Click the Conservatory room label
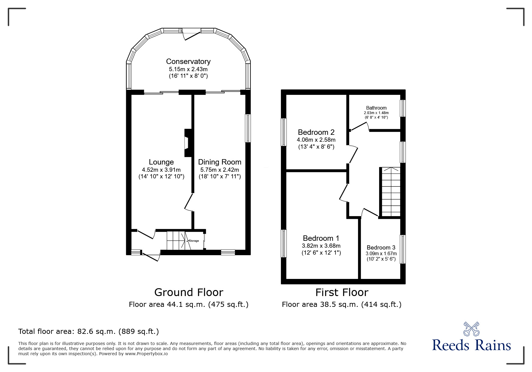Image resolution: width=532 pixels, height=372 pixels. coord(188,62)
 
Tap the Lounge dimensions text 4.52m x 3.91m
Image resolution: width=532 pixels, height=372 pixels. coord(161,170)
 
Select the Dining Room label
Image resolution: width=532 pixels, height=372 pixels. coord(220,162)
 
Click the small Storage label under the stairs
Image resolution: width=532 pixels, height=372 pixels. coord(194,241)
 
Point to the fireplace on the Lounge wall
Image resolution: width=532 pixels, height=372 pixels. coord(188,143)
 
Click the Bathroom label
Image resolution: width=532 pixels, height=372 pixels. coord(376,108)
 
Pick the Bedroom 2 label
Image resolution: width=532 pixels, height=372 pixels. coord(316,132)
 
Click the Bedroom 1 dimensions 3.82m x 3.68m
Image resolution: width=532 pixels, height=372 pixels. coord(321,246)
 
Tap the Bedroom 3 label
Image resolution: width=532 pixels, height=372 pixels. coord(381,248)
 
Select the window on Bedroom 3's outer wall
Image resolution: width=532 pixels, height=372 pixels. coord(403,249)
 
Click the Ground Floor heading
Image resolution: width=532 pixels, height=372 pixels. coord(189,292)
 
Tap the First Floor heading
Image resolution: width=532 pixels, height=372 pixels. coord(342,292)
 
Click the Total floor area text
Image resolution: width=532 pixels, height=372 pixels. coord(89,331)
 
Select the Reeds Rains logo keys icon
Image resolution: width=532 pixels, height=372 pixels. coord(471,329)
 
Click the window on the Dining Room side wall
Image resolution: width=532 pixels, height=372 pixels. coord(248,128)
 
